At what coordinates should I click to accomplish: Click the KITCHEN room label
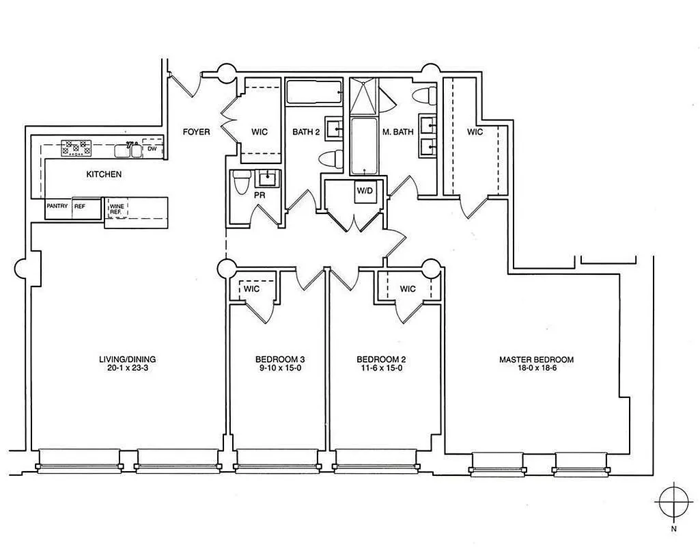tap(104, 174)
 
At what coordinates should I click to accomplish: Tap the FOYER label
tap(196, 131)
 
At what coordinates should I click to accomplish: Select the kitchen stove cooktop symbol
tap(76, 147)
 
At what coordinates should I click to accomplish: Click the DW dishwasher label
tap(152, 148)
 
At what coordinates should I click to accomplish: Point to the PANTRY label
tap(57, 205)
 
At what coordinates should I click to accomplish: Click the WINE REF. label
tap(116, 208)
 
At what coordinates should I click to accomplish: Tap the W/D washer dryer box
tap(363, 191)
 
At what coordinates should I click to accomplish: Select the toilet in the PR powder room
tap(240, 183)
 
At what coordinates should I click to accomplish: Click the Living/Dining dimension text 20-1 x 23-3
tap(127, 369)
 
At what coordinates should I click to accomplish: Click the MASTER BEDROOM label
tap(536, 360)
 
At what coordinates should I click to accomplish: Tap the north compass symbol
tap(674, 503)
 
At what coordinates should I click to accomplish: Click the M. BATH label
tap(397, 132)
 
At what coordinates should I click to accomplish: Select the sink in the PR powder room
tap(266, 180)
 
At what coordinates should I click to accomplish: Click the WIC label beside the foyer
tap(260, 131)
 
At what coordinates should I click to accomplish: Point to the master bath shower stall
tap(363, 96)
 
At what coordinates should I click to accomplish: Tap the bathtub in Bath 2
tap(313, 92)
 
